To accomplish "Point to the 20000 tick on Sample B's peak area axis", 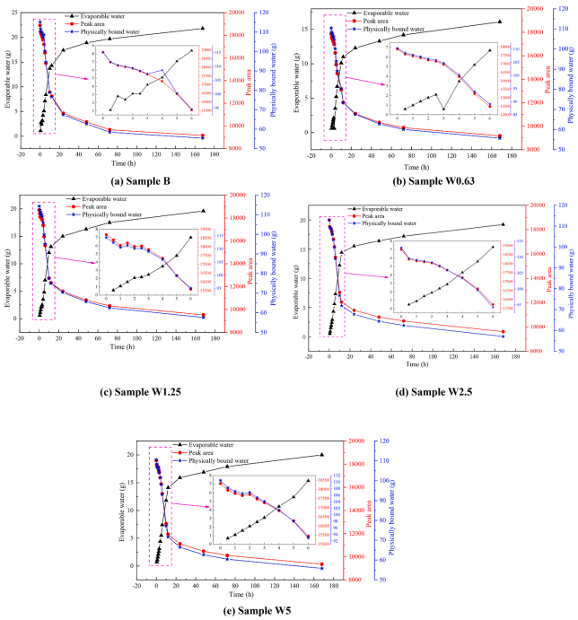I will coord(236,12).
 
